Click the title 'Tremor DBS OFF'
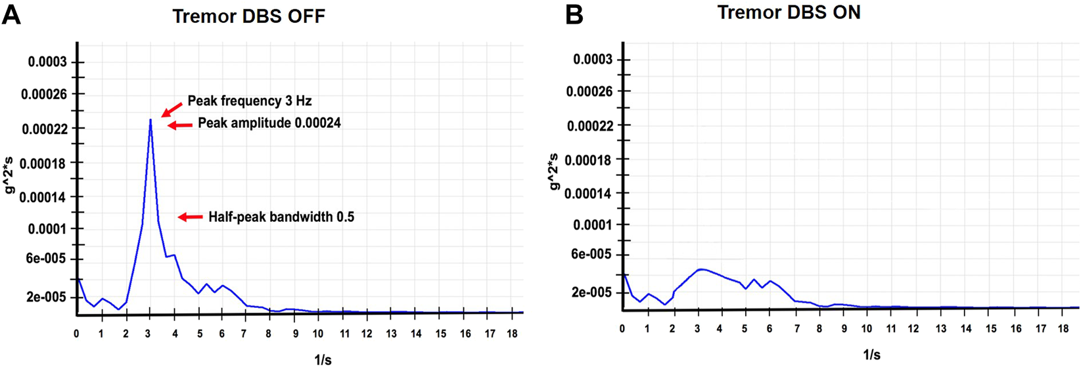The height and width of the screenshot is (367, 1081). pyautogui.click(x=248, y=16)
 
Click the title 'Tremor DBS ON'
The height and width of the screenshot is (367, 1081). pyautogui.click(x=789, y=12)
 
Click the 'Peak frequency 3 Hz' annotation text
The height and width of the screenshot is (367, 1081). pyautogui.click(x=250, y=101)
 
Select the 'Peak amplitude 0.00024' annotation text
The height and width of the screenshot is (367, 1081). pyautogui.click(x=269, y=123)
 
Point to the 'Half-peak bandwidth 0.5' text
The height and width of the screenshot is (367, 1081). pyautogui.click(x=281, y=217)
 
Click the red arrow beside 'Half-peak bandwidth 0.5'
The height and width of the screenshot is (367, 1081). pyautogui.click(x=191, y=217)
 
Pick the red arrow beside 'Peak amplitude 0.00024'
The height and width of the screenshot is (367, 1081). pyautogui.click(x=179, y=125)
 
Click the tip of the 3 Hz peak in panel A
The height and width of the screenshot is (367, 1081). pyautogui.click(x=150, y=119)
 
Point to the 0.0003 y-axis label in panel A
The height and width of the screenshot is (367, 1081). pyautogui.click(x=47, y=62)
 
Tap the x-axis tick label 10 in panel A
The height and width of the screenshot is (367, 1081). pyautogui.click(x=318, y=334)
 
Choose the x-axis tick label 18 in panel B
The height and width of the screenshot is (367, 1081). pyautogui.click(x=1063, y=329)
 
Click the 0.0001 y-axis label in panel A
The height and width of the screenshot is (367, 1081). pyautogui.click(x=48, y=229)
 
